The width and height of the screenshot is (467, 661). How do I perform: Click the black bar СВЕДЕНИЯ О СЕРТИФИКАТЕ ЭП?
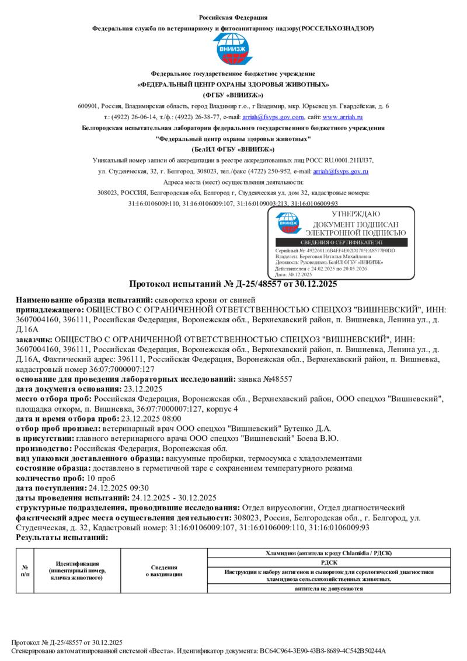342,242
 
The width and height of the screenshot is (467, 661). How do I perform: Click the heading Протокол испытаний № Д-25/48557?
233,284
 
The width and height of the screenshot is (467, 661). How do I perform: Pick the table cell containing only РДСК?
329,562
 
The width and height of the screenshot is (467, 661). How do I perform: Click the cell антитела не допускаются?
329,589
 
